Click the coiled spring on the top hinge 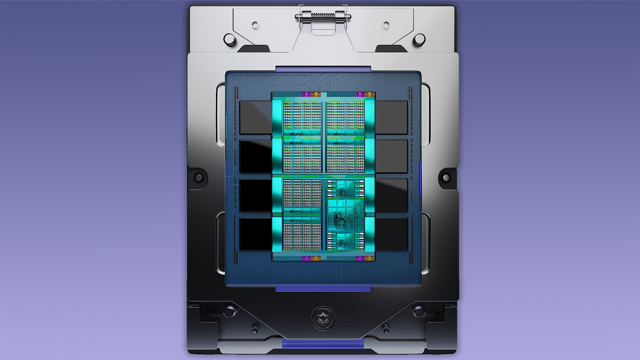pos(323,16)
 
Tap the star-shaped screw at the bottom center pos(323,318)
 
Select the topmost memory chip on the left pos(256,117)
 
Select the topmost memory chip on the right pos(391,117)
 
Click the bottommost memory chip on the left pos(256,234)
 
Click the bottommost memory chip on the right pos(391,234)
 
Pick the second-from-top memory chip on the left pos(256,156)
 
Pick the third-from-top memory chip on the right pos(391,195)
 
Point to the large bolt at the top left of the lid pos(230,39)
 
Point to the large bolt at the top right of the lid pos(419,39)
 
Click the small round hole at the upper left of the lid pos(255,25)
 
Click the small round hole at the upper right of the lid pos(386,25)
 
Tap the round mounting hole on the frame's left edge pos(198,178)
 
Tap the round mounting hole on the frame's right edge pos(446,178)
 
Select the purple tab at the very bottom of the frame pos(323,343)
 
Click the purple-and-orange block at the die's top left pos(311,95)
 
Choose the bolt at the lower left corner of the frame pos(230,312)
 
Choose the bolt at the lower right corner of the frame pos(419,312)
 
